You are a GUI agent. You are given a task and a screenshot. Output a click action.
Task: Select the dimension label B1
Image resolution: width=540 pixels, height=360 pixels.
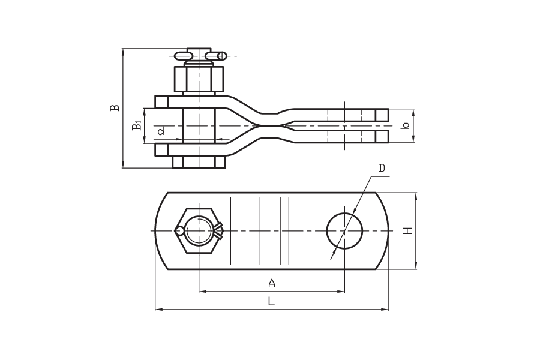point(137,125)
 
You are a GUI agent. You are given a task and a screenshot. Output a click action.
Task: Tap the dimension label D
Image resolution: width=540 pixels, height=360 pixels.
point(382,168)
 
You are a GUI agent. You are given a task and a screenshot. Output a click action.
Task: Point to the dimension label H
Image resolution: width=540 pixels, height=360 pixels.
point(408,231)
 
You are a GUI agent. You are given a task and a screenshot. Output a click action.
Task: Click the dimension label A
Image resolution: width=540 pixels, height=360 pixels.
point(272,283)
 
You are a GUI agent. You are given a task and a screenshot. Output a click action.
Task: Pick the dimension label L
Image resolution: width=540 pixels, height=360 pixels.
point(271,302)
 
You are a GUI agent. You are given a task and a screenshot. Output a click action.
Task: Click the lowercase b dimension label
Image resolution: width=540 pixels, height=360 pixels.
point(406,126)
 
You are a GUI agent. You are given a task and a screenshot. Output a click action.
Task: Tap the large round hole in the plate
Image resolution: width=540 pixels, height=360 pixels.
point(344,231)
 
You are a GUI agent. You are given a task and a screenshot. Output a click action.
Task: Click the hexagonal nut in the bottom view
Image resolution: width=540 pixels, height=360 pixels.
point(199,231)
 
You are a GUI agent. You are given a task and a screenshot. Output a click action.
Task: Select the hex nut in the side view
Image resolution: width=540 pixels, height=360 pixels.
point(199,79)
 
